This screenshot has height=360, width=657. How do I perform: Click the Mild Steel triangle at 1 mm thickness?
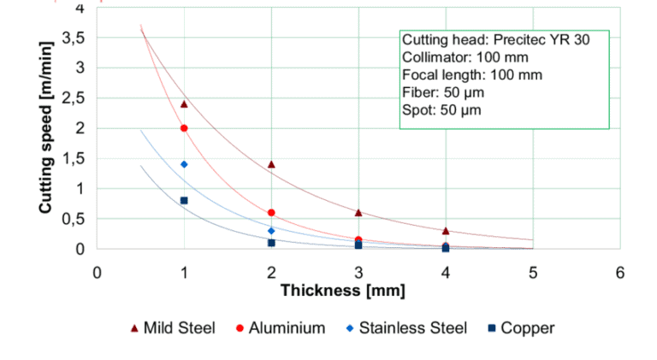pyautogui.click(x=184, y=103)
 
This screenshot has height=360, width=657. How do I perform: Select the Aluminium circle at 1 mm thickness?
pyautogui.click(x=184, y=128)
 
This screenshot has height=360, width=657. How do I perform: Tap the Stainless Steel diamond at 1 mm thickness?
pyautogui.click(x=184, y=164)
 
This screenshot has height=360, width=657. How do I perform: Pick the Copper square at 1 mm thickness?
pyautogui.click(x=184, y=200)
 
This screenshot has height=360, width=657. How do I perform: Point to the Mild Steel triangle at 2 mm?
pyautogui.click(x=271, y=164)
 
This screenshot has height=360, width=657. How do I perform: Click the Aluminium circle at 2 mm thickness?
pyautogui.click(x=271, y=213)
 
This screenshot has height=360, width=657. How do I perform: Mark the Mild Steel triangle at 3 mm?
pyautogui.click(x=358, y=212)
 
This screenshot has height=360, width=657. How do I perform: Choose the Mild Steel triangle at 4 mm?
pyautogui.click(x=446, y=231)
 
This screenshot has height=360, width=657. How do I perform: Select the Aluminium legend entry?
pyautogui.click(x=279, y=328)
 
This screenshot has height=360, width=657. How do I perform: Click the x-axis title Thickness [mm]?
pyautogui.click(x=342, y=291)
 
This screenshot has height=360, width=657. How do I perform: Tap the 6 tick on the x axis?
pyautogui.click(x=619, y=272)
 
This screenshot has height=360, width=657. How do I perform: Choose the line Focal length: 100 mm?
pyautogui.click(x=471, y=75)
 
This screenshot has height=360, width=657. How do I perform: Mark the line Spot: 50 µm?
pyautogui.click(x=441, y=110)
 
